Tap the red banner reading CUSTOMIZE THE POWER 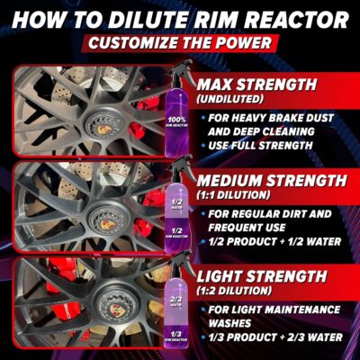click(180, 42)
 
